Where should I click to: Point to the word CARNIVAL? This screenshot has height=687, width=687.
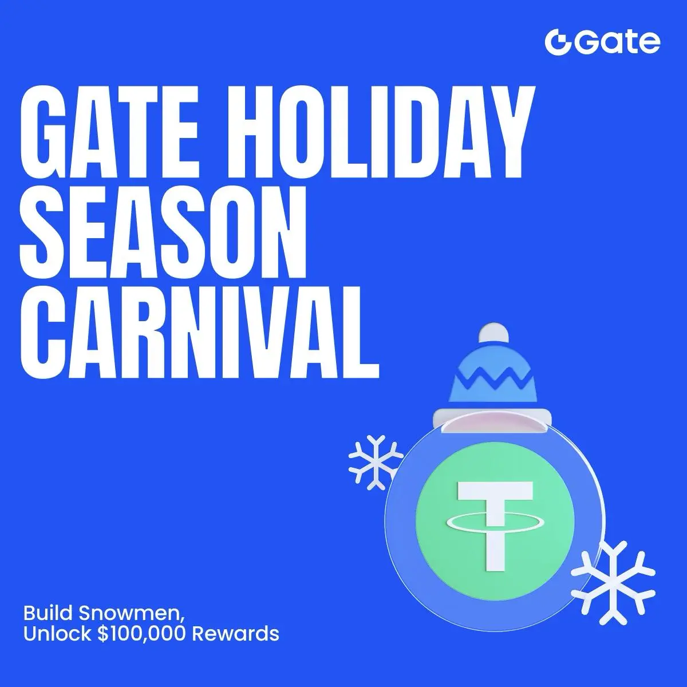tap(200, 335)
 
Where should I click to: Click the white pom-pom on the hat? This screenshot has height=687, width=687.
tap(493, 334)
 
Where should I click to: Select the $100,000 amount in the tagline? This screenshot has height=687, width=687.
tap(142, 634)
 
